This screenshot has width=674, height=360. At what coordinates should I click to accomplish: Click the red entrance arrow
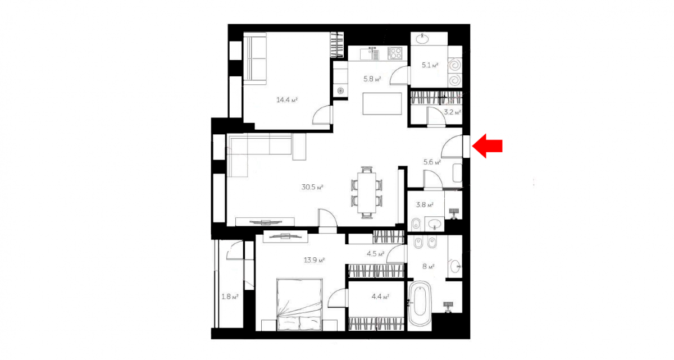[487, 146]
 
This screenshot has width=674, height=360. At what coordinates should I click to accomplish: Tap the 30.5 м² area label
[312, 187]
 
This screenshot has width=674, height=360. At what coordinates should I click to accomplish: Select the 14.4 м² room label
[287, 99]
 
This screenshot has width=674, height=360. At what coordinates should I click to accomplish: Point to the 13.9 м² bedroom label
[314, 260]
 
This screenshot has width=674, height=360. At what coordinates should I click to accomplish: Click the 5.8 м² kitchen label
[372, 79]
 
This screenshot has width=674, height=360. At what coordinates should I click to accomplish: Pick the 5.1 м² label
[430, 65]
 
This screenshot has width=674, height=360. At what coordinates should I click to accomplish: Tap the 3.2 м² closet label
[453, 112]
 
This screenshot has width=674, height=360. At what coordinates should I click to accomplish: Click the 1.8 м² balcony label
[230, 297]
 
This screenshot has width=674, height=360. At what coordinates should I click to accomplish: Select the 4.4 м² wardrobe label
[380, 297]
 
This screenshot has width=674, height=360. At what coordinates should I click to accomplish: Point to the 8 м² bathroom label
[429, 266]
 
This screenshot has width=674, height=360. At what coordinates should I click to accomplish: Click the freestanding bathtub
[420, 304]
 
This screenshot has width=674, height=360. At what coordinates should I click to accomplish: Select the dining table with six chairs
[366, 192]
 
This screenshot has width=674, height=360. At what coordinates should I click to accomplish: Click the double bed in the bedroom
[300, 304]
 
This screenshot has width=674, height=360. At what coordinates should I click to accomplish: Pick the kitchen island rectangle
[382, 104]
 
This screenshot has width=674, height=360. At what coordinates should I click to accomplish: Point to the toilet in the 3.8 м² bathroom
[416, 224]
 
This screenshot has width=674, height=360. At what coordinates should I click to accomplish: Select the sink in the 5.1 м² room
[423, 39]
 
